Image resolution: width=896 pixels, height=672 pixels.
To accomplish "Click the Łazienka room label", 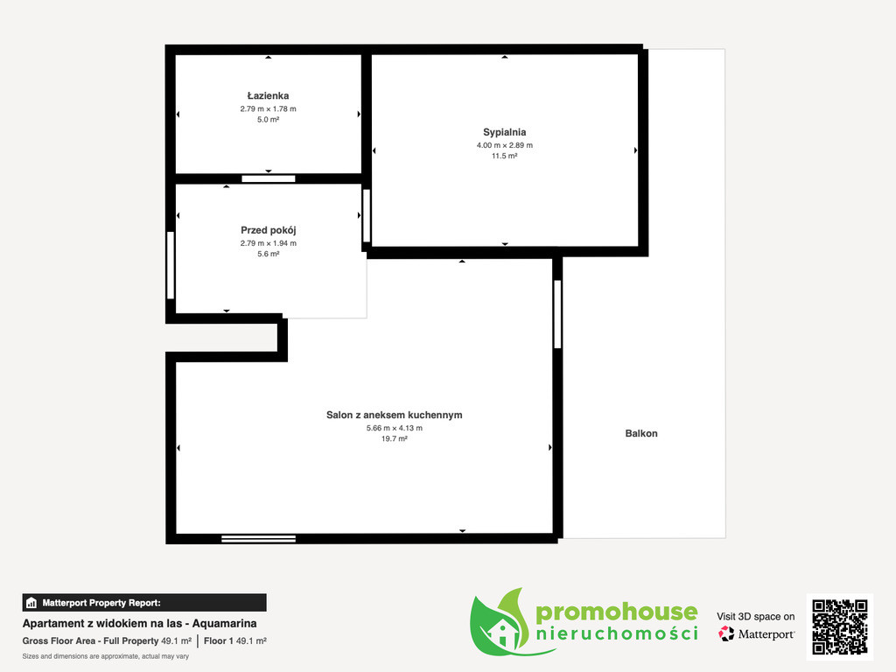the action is (x=268, y=96).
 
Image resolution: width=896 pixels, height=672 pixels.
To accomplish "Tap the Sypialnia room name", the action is (x=505, y=133).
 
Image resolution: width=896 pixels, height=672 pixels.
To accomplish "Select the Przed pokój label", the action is (x=268, y=230).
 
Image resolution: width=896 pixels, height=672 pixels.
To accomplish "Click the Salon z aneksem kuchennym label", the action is (x=395, y=415).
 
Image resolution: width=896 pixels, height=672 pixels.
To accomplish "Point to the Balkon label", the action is (x=641, y=433).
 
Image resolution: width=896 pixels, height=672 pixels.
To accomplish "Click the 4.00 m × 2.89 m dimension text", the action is (x=505, y=145).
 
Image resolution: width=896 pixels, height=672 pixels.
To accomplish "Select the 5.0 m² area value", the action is (x=268, y=120).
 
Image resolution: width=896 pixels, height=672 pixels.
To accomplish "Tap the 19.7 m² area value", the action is (x=395, y=439).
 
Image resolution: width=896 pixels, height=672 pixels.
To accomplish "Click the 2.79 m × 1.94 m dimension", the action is (x=268, y=243).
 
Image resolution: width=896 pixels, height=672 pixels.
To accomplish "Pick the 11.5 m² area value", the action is (x=505, y=156).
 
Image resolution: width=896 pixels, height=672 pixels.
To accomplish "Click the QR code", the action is (x=840, y=626).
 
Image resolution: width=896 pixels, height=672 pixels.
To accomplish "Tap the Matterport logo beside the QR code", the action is (x=757, y=633).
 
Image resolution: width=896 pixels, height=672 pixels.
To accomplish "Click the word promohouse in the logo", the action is (x=617, y=612).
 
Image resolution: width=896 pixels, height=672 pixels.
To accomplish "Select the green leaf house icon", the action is (x=499, y=623).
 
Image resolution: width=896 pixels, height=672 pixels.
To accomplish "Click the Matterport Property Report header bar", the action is (x=144, y=603).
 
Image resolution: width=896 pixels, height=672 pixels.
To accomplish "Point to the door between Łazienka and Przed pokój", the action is (x=268, y=178).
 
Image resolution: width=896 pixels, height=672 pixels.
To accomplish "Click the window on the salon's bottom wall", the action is (x=258, y=538).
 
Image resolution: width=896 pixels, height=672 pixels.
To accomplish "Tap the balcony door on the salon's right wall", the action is (x=557, y=314).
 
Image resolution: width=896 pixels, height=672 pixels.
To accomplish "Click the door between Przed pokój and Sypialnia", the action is (x=367, y=215).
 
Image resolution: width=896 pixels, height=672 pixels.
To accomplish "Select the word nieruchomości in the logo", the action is (x=617, y=633).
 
